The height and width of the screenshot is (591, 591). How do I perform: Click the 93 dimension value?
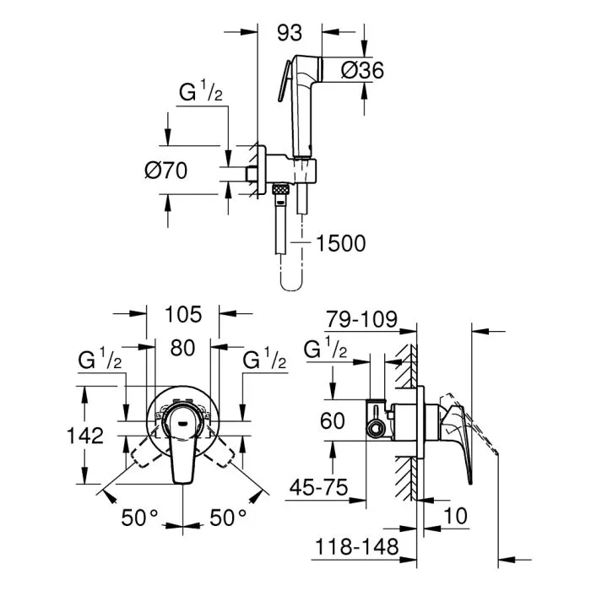click(290, 33)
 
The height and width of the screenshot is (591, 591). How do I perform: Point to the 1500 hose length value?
click(340, 244)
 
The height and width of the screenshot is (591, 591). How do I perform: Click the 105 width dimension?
click(182, 315)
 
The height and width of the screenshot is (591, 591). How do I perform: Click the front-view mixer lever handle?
click(183, 445)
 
